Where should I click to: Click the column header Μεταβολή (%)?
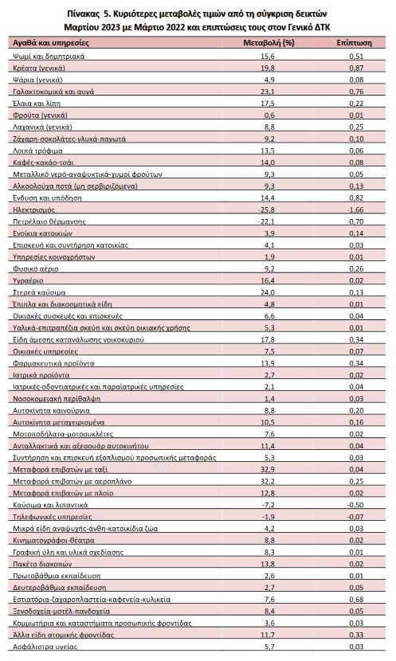269,42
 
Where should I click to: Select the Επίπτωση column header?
355,42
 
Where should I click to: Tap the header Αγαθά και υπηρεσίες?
51,42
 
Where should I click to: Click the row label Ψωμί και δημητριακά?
49,56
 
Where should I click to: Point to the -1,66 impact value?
355,209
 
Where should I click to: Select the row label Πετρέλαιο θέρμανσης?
49,221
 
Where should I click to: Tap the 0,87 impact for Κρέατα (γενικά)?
356,68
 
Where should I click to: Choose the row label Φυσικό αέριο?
36,268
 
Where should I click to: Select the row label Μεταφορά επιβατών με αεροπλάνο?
73,481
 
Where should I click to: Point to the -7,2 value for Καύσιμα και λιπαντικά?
268,505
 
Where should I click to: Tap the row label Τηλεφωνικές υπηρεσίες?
53,516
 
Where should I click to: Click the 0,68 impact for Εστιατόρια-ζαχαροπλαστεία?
356,599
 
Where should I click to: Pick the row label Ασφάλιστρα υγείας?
45,646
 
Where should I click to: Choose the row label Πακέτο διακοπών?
42,564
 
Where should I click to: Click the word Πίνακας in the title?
81,14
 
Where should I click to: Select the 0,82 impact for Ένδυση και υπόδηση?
356,198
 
